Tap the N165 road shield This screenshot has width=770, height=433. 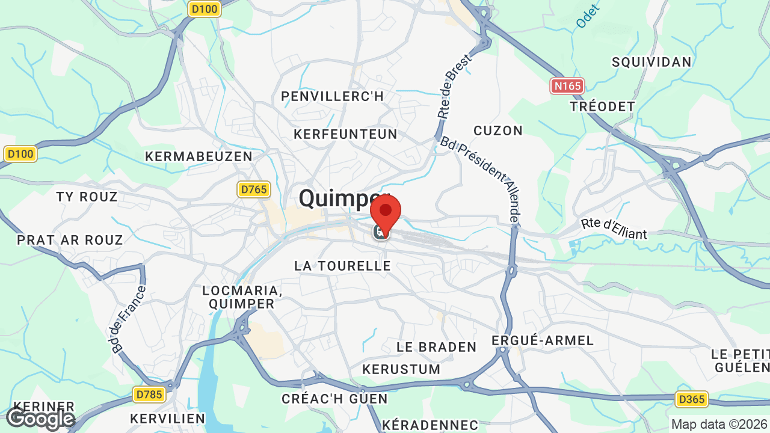[x=567, y=86]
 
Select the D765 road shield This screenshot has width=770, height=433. [x=253, y=189]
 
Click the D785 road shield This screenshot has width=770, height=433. [x=149, y=395]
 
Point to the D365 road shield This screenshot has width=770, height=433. [x=691, y=399]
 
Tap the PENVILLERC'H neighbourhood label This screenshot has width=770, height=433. [x=332, y=96]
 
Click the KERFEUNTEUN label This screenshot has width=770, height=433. [x=345, y=134]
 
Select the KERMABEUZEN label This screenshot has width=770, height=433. [x=199, y=156]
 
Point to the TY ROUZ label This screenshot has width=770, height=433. [x=87, y=197]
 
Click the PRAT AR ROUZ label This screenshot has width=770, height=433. [x=70, y=240]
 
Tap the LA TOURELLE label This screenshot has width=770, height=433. [x=342, y=265]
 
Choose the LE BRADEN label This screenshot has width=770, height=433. [x=436, y=347]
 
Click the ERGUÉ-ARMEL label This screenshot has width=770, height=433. [x=543, y=340]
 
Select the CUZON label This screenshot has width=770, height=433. [x=498, y=131]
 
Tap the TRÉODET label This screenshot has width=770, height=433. [x=602, y=106]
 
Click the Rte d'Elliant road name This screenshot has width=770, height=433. [x=614, y=228]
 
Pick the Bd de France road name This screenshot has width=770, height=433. [x=129, y=319]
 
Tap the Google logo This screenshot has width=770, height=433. [x=40, y=418]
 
